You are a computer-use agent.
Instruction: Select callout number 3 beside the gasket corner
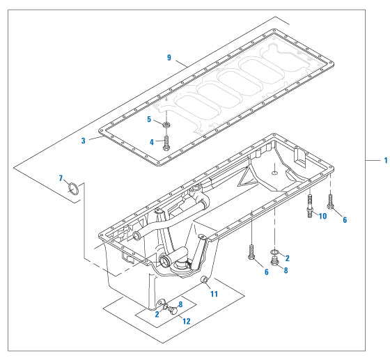pos(84,141)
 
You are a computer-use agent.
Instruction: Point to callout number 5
pos(149,119)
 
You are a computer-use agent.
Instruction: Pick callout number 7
pos(61,180)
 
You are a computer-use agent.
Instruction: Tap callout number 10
pos(322,216)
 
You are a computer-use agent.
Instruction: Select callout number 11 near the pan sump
pos(214,294)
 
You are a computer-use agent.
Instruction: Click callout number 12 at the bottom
pos(185,321)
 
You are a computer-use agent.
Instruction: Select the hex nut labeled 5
pos(167,125)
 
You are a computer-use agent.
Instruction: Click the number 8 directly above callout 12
pos(180,304)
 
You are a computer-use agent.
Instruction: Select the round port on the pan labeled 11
pos(204,281)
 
